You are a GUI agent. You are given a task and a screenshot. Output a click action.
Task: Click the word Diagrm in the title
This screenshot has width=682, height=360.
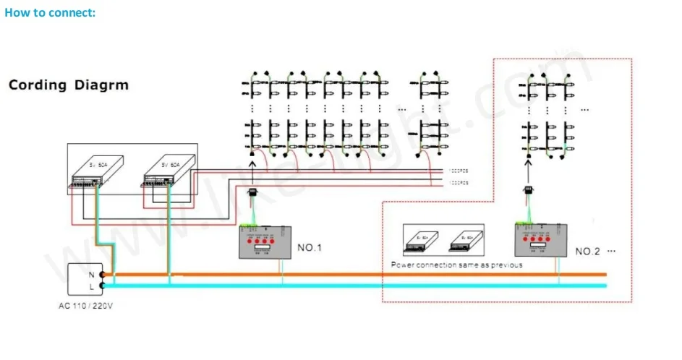click(101, 85)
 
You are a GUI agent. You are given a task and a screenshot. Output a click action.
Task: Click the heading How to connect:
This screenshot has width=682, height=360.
click(50, 13)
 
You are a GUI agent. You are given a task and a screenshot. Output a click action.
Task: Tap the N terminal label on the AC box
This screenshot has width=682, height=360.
click(90, 275)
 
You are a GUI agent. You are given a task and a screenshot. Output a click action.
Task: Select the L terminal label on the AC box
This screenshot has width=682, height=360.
click(90, 286)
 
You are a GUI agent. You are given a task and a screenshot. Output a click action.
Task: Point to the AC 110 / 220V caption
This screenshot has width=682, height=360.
click(86, 306)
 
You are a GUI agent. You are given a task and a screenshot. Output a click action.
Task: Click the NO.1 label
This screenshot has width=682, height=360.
click(310, 248)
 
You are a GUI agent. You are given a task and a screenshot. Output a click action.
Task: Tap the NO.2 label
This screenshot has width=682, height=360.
click(588, 252)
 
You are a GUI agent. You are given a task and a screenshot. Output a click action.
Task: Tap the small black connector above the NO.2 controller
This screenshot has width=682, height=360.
click(529, 190)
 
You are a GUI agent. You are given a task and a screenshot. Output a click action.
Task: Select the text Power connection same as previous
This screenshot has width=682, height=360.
click(456, 265)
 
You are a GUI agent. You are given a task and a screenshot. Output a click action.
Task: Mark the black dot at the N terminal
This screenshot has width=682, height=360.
click(103, 275)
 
